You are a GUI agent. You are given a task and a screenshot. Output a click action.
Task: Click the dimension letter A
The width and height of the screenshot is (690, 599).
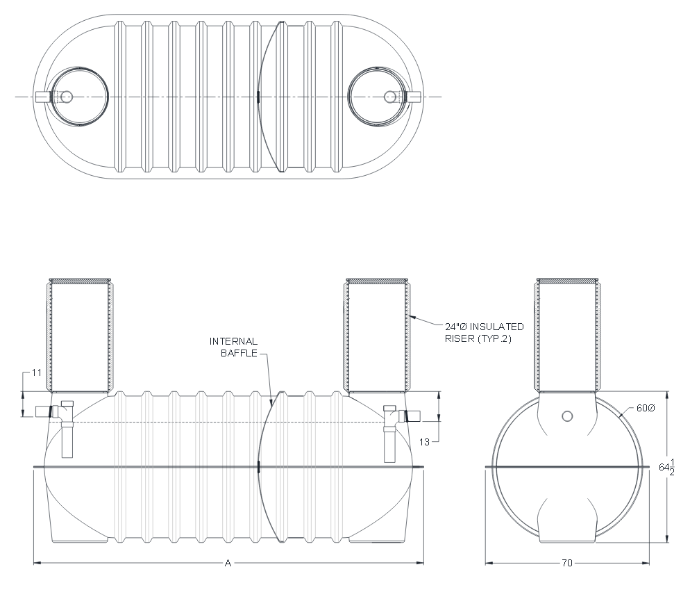coord(228,563)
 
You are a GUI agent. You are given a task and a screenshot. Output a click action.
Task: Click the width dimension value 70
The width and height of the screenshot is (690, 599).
coord(567,563)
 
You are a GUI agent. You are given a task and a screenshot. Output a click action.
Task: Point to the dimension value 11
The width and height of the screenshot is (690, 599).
coord(37,372)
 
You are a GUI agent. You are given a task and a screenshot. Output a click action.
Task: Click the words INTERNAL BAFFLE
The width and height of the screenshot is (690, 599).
coord(234,347)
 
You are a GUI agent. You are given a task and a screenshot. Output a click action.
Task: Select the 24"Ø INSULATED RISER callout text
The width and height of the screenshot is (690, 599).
coord(484,332)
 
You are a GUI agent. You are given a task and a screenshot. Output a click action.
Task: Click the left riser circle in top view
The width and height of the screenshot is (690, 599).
coord(78,97)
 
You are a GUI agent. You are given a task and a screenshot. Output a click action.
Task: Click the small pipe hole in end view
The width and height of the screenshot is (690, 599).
coord(567,416)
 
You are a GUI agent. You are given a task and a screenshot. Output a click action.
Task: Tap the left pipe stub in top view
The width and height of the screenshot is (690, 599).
coord(42,97)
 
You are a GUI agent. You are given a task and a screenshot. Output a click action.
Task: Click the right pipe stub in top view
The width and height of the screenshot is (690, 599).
coord(414,97)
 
